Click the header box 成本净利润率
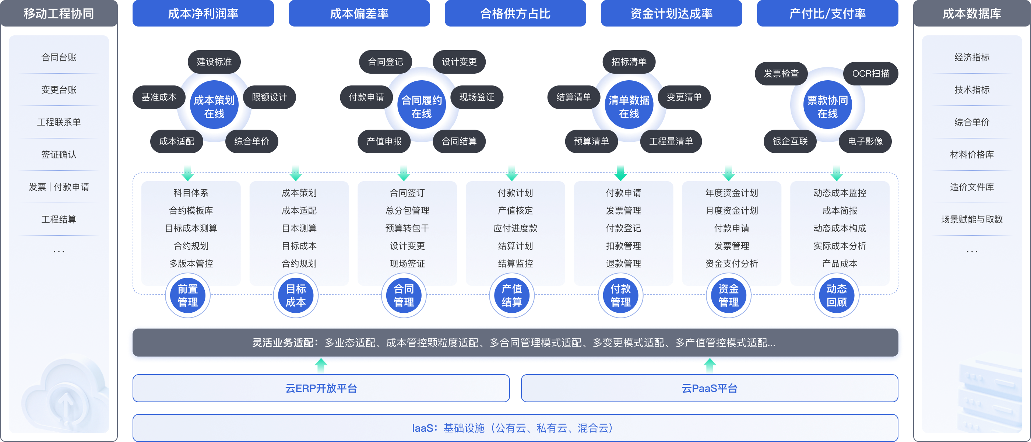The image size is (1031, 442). point(203,14)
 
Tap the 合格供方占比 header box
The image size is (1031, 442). point(515,14)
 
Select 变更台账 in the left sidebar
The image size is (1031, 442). point(59,90)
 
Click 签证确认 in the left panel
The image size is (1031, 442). point(59,155)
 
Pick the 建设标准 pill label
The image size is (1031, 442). point(214,62)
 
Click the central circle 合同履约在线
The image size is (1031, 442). point(422,106)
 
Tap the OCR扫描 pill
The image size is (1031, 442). point(870,74)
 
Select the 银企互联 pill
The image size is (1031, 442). point(790,141)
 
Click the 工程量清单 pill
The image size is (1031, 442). point(671,141)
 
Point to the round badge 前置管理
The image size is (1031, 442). point(188,295)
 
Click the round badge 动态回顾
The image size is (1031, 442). point(837,295)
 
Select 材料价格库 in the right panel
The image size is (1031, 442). point(972,155)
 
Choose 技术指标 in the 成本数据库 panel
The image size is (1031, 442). point(972,90)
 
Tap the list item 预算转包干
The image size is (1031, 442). point(407,228)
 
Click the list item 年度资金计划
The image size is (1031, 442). point(732,193)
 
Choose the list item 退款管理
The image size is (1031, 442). point(623,263)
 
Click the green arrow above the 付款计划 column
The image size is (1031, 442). point(512,172)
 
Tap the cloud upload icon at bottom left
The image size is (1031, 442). point(66,402)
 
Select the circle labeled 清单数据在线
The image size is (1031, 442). point(629,106)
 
